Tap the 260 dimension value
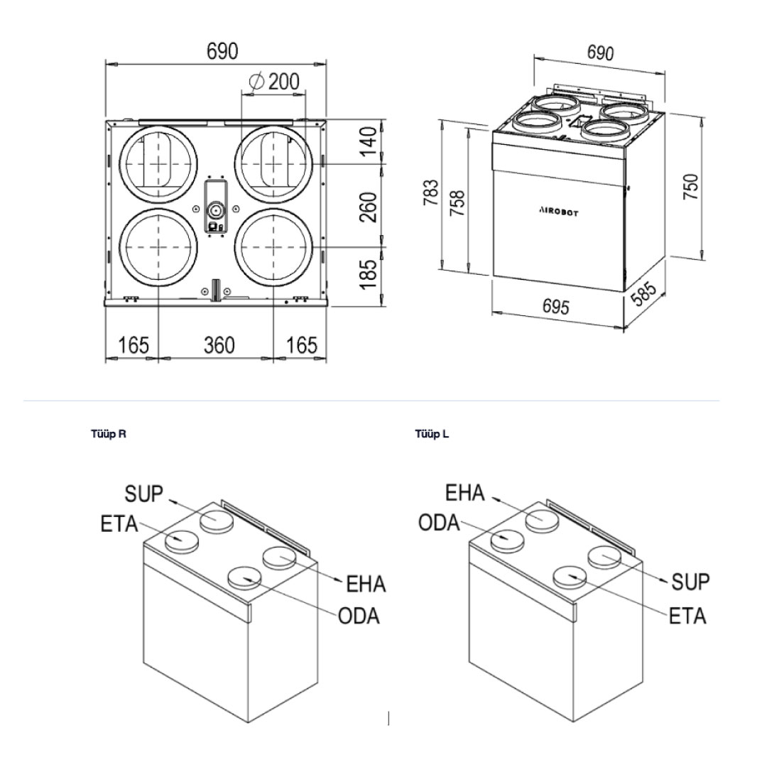[366, 206]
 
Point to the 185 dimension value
[366, 275]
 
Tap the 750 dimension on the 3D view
[690, 187]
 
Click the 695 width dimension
[555, 308]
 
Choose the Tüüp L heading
[432, 434]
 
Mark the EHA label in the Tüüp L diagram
[465, 493]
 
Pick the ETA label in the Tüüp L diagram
[687, 615]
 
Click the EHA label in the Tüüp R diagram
[365, 584]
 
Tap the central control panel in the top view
[214, 206]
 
